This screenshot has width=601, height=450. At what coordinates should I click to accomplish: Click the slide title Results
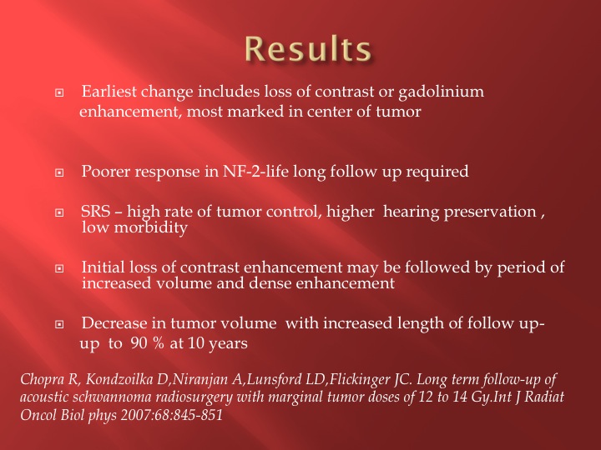click(308, 48)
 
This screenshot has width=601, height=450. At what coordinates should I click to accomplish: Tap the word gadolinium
click(442, 92)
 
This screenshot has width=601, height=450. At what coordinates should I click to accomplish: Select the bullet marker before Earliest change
click(59, 92)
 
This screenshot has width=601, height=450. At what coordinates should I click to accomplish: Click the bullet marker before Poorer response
click(59, 172)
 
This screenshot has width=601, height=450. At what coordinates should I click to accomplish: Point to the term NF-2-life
click(255, 171)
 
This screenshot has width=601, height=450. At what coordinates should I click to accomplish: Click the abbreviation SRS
click(96, 212)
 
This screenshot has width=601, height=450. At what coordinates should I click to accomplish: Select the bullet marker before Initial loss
click(59, 268)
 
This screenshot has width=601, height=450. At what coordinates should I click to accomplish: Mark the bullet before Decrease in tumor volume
click(59, 324)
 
